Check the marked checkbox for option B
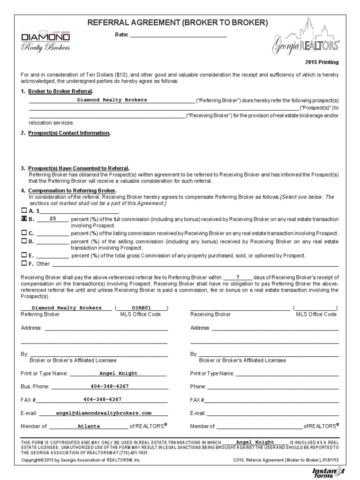[x=24, y=218]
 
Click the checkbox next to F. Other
[x=24, y=263]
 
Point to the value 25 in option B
[x=52, y=218]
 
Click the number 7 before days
[x=238, y=277]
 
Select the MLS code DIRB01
[x=142, y=308]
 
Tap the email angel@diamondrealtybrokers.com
[x=104, y=413]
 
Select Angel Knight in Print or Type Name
[x=118, y=373]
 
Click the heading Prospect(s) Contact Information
[x=69, y=133]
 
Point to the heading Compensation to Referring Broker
[x=71, y=191]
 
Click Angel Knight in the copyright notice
[x=255, y=442]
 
